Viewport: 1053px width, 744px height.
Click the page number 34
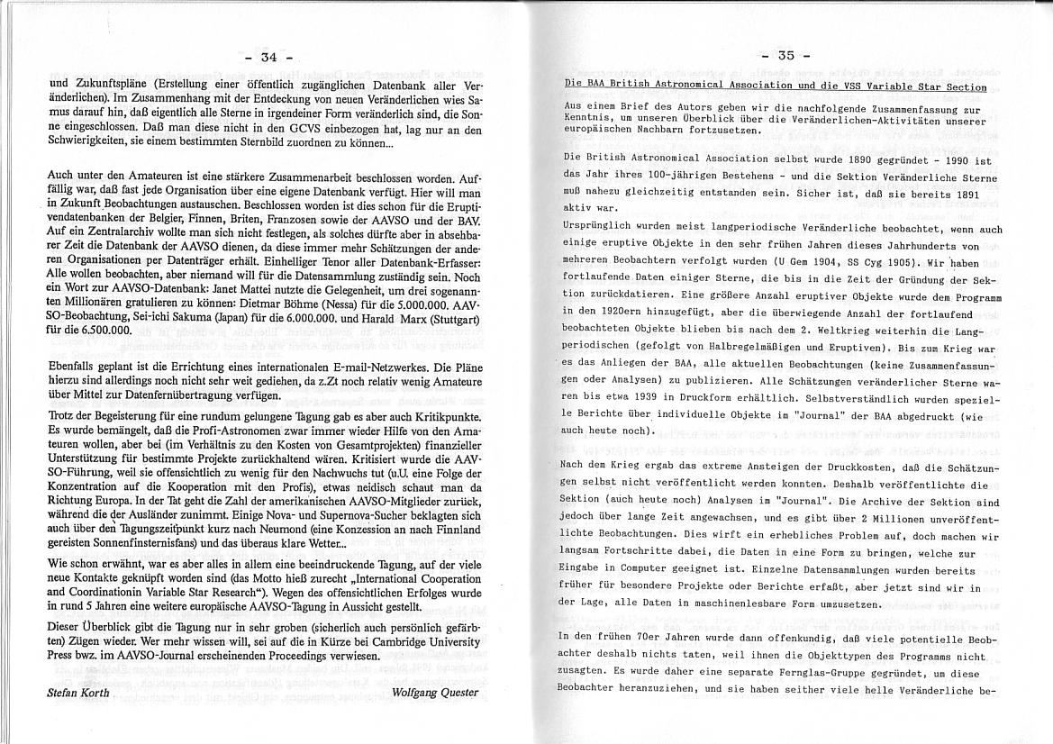(268, 56)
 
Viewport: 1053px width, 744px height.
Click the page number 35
(786, 55)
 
